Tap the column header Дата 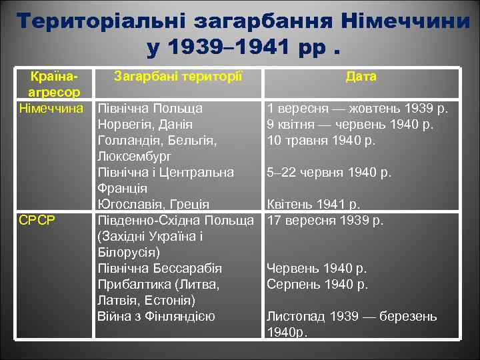[x=361, y=77]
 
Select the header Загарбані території [x=177, y=77]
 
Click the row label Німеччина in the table [x=51, y=107]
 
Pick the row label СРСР [x=37, y=220]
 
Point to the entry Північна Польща [x=150, y=108]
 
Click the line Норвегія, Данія [x=145, y=124]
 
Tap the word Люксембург [x=134, y=156]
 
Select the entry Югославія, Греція [x=153, y=204]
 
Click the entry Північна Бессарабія [x=159, y=268]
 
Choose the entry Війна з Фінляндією [x=156, y=316]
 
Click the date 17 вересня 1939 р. [x=325, y=220]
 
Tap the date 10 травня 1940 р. [x=321, y=140]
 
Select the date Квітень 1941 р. [x=313, y=204]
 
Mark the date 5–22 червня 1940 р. [x=328, y=172]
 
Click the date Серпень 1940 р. [x=317, y=284]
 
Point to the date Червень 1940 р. [x=317, y=268]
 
